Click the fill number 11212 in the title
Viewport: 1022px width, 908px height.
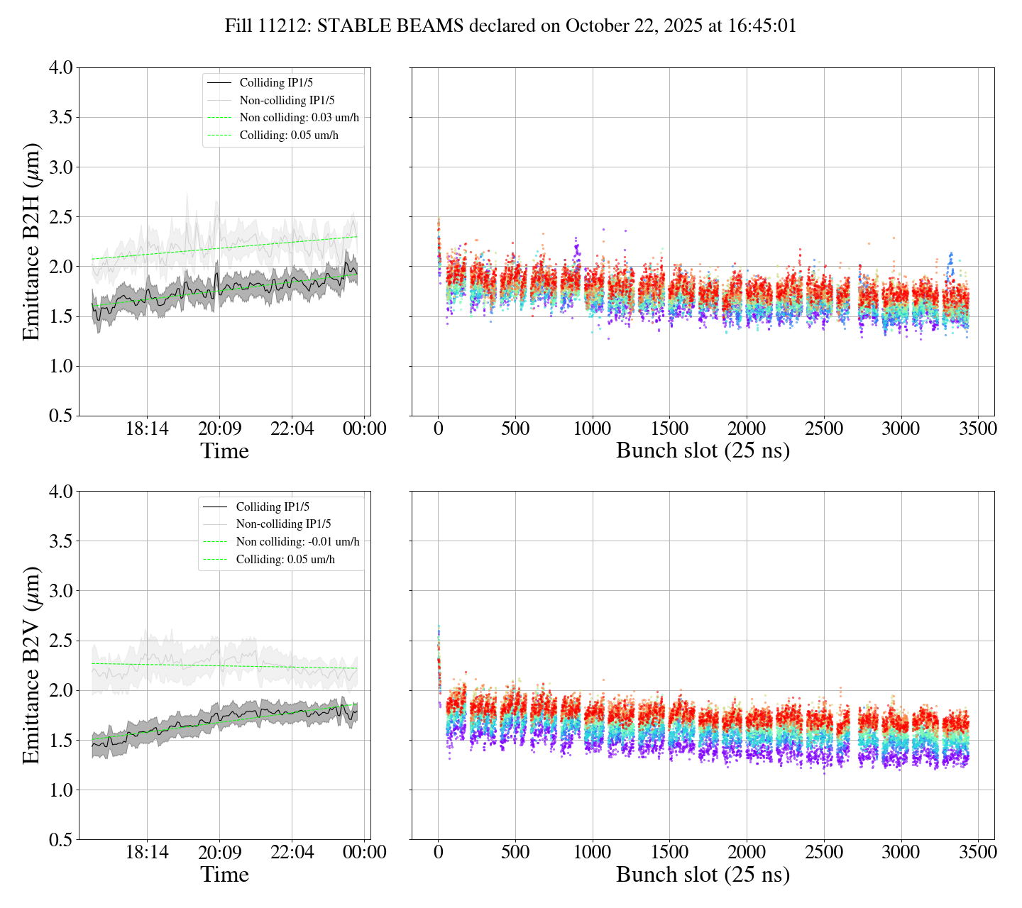284,26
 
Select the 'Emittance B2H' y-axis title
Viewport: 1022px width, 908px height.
32,241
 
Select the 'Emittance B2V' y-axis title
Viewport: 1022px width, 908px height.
32,665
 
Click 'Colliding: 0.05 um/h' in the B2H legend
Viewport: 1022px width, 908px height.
289,135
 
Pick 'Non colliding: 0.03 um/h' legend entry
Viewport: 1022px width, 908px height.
304,118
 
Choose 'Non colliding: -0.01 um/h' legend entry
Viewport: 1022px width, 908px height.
297,542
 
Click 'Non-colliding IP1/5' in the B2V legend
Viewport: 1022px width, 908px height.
283,524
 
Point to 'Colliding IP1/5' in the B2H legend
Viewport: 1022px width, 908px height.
276,83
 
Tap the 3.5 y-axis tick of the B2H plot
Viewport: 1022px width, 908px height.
60,117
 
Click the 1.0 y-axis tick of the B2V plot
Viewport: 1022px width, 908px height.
60,790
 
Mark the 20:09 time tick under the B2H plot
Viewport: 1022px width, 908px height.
219,429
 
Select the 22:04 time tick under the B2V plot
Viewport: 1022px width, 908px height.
292,852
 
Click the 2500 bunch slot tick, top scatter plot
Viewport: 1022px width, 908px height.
823,429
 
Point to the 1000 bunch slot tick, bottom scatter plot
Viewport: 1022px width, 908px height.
592,852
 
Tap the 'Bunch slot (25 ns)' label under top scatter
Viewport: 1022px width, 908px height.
703,451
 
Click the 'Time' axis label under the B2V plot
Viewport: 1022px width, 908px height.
224,875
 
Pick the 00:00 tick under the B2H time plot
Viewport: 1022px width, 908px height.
365,429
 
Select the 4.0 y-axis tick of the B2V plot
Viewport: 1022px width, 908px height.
60,491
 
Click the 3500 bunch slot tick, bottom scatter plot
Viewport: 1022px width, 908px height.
977,852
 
